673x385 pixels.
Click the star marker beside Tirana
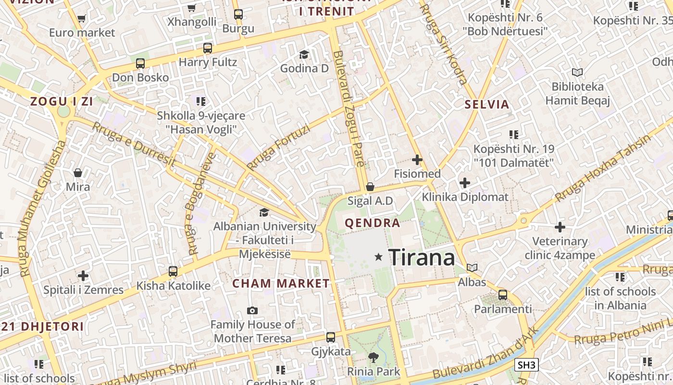point(379,257)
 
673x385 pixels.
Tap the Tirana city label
point(422,257)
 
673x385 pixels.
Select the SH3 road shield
point(526,365)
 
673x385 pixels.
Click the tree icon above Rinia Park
point(373,358)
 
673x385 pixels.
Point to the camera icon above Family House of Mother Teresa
point(252,311)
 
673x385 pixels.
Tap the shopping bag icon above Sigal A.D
point(370,187)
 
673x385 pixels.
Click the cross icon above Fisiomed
point(417,160)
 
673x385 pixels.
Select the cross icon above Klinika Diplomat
point(464,183)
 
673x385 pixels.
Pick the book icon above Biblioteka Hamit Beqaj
point(577,72)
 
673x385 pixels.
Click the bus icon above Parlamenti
point(503,295)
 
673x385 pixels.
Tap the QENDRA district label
point(373,223)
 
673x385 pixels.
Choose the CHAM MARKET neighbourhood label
point(281,283)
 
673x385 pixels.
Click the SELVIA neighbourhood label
point(487,104)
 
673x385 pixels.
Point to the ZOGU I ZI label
point(62,102)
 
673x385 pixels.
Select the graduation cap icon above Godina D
point(304,54)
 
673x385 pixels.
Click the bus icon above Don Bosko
point(140,64)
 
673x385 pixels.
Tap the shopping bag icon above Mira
point(78,173)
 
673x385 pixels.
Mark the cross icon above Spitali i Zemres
point(83,276)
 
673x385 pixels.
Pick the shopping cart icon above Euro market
point(81,19)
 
